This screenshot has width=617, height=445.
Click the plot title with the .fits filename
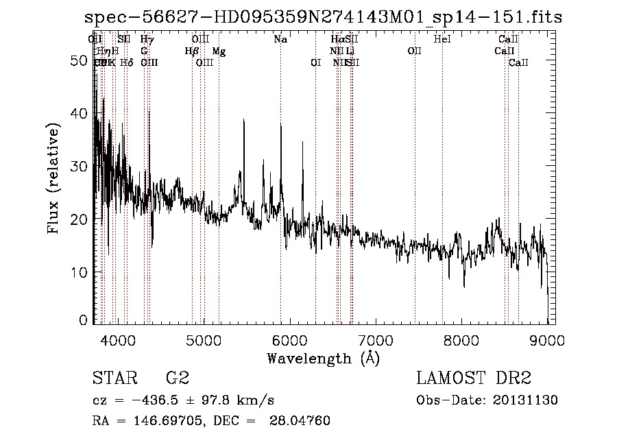[322, 17]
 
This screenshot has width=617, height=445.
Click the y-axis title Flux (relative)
[56, 178]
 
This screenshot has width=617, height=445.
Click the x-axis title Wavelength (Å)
[323, 358]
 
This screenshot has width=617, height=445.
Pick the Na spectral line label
[280, 40]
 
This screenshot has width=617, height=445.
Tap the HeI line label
[443, 40]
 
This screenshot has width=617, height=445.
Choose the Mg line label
[219, 51]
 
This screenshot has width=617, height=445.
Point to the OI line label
[315, 63]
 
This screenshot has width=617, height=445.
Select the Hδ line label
[126, 63]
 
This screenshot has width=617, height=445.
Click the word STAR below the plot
[114, 379]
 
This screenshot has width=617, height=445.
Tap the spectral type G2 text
[178, 379]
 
